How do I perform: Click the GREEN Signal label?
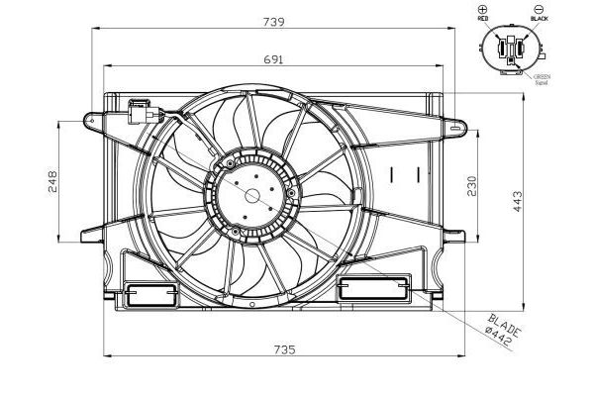[x=542, y=78]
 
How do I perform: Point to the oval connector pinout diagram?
[x=512, y=49]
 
